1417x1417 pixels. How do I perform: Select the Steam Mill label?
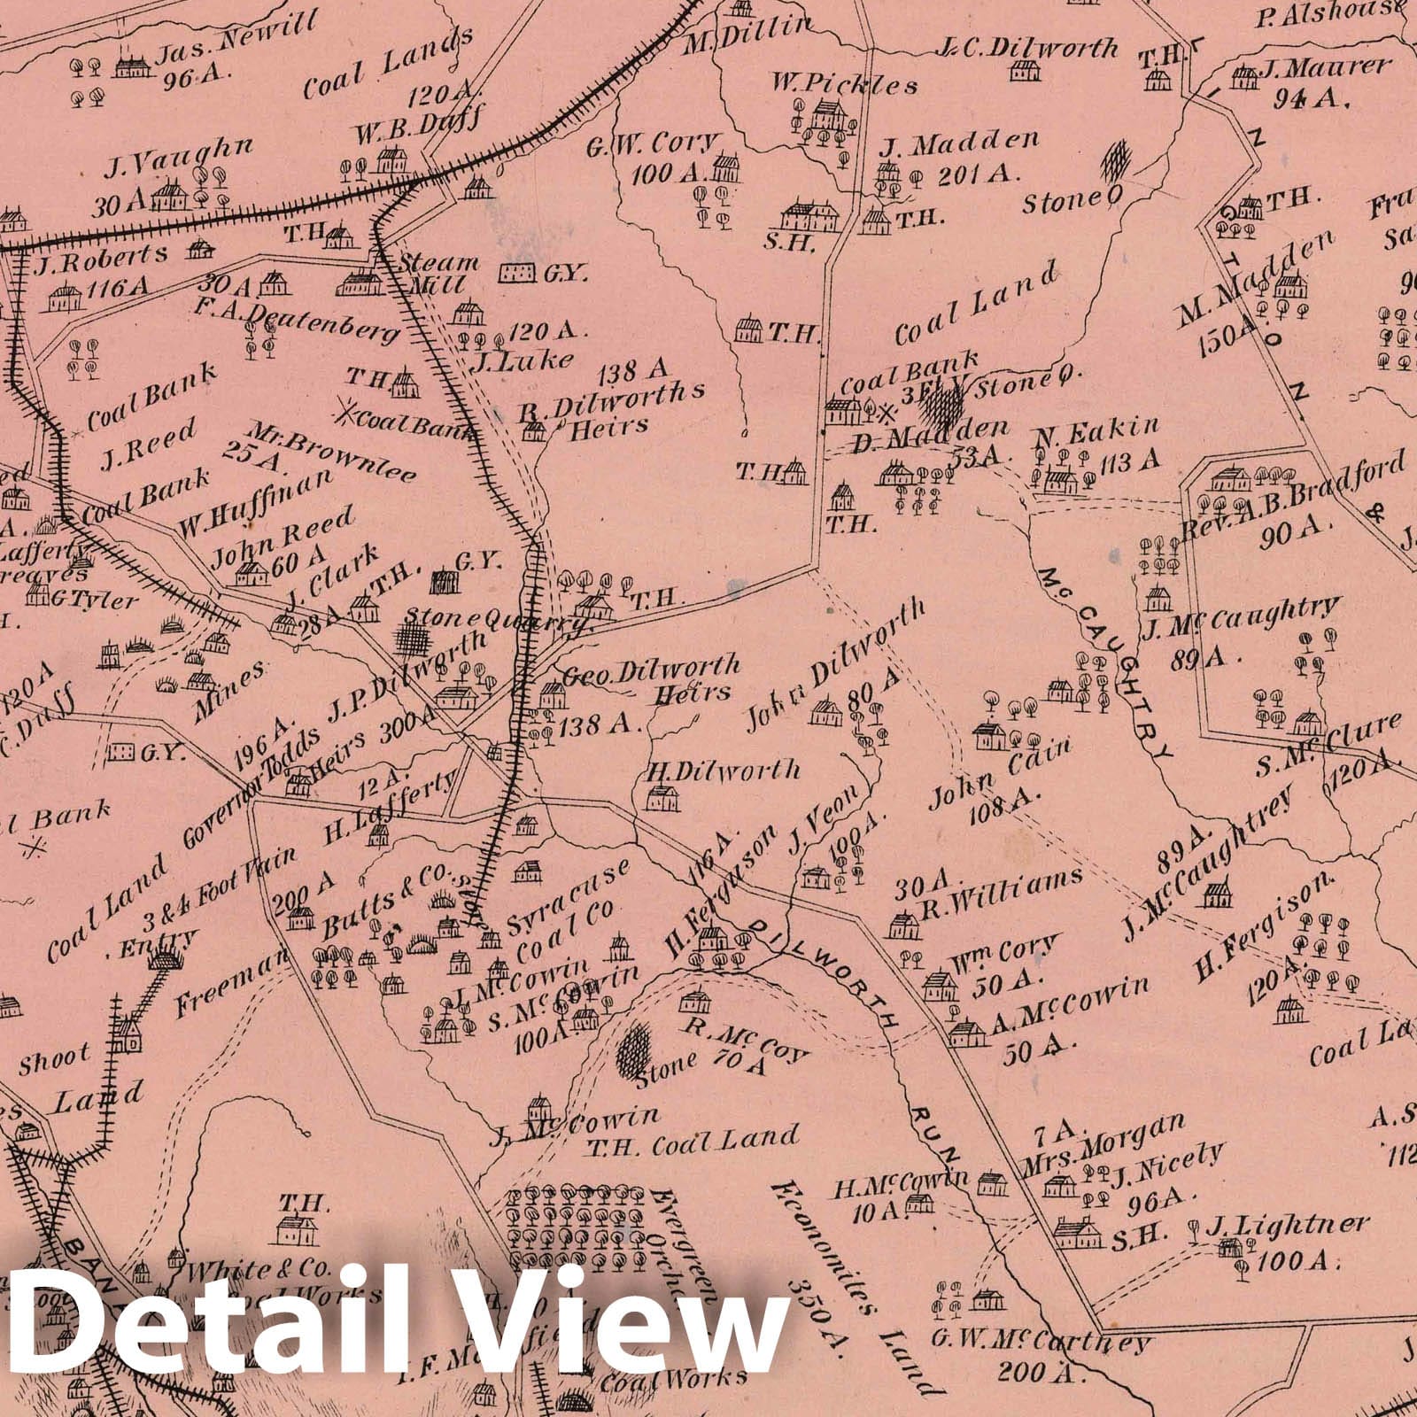(x=438, y=275)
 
